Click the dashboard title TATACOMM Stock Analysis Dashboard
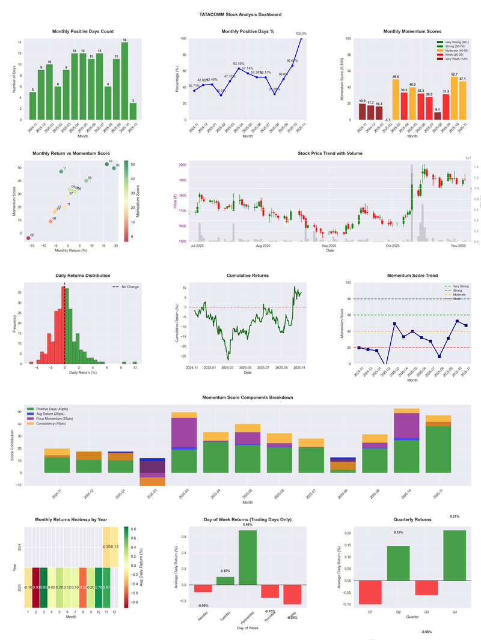click(240, 14)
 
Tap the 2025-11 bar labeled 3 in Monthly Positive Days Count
click(133, 112)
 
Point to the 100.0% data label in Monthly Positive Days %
click(301, 34)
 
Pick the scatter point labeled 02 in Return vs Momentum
click(28, 238)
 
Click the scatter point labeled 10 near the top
click(107, 164)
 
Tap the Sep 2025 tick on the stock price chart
click(328, 246)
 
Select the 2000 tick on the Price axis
click(183, 165)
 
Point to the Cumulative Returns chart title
click(248, 276)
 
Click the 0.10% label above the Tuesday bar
click(225, 571)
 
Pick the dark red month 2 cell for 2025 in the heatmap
click(35, 587)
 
